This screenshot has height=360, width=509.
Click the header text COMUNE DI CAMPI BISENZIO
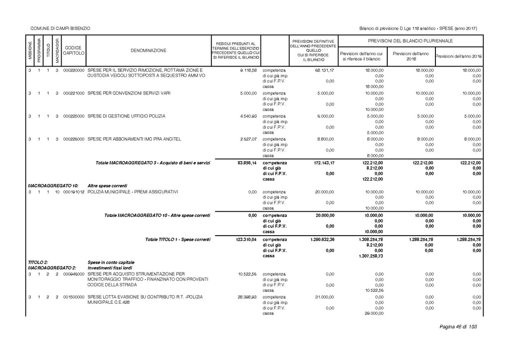click(60, 28)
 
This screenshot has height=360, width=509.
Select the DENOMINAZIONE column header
click(149, 50)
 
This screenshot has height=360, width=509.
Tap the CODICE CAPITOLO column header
click(74, 50)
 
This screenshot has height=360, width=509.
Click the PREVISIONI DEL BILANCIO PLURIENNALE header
click(410, 41)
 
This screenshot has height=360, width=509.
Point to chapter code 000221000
click(74, 93)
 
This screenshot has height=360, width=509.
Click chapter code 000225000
click(74, 116)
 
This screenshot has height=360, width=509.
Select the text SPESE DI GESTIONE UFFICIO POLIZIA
click(126, 116)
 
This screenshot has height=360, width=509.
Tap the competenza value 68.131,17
click(324, 71)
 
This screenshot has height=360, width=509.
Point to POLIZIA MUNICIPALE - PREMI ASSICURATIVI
click(133, 191)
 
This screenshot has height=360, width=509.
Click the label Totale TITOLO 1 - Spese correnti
click(177, 240)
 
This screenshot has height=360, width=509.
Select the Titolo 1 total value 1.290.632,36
click(321, 240)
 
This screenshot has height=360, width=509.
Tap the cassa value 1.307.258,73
click(370, 256)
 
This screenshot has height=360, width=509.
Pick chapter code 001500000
click(74, 297)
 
